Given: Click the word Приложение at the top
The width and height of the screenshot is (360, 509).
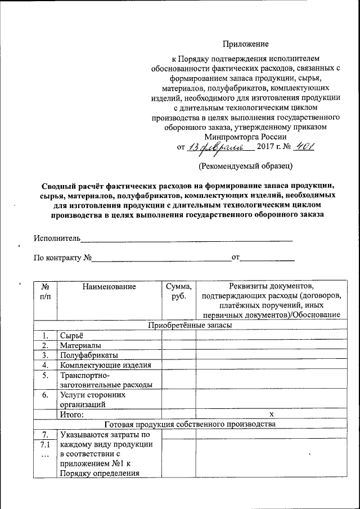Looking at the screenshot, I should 245,44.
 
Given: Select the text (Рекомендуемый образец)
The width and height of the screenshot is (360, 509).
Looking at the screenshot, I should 245,166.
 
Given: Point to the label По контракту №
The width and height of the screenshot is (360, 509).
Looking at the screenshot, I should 62,258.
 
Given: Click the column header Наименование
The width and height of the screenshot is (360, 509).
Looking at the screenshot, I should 109,287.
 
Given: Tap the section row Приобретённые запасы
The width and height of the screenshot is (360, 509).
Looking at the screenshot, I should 190,325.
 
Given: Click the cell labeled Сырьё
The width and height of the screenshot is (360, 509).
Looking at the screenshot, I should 71,335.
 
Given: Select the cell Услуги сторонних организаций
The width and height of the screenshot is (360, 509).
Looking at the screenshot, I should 93,399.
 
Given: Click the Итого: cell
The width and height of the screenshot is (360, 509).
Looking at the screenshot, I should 72,415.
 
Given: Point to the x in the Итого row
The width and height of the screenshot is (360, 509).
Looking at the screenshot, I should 271,415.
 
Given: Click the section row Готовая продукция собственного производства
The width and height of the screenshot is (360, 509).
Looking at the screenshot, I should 190,425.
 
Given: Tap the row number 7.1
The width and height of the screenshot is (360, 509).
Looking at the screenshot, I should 46,444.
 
